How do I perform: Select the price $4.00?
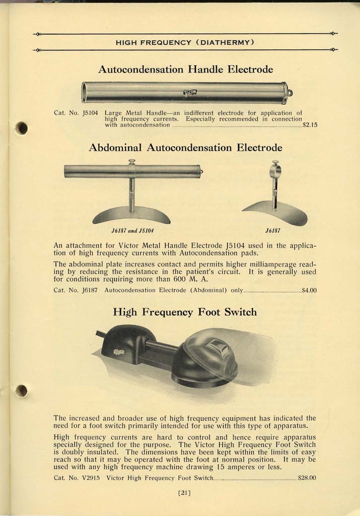pyautogui.click(x=308, y=290)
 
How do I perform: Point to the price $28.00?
pyautogui.click(x=307, y=477)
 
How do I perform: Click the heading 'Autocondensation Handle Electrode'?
pyautogui.click(x=185, y=69)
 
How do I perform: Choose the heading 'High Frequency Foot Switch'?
pyautogui.click(x=185, y=312)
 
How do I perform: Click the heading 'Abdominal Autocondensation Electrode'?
pyautogui.click(x=185, y=148)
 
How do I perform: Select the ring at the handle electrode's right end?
pyautogui.click(x=290, y=93)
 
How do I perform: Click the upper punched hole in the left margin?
pyautogui.click(x=21, y=128)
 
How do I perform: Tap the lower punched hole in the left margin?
pyautogui.click(x=21, y=391)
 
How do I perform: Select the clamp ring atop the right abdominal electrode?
pyautogui.click(x=275, y=170)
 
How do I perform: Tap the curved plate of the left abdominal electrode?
pyautogui.click(x=131, y=216)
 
